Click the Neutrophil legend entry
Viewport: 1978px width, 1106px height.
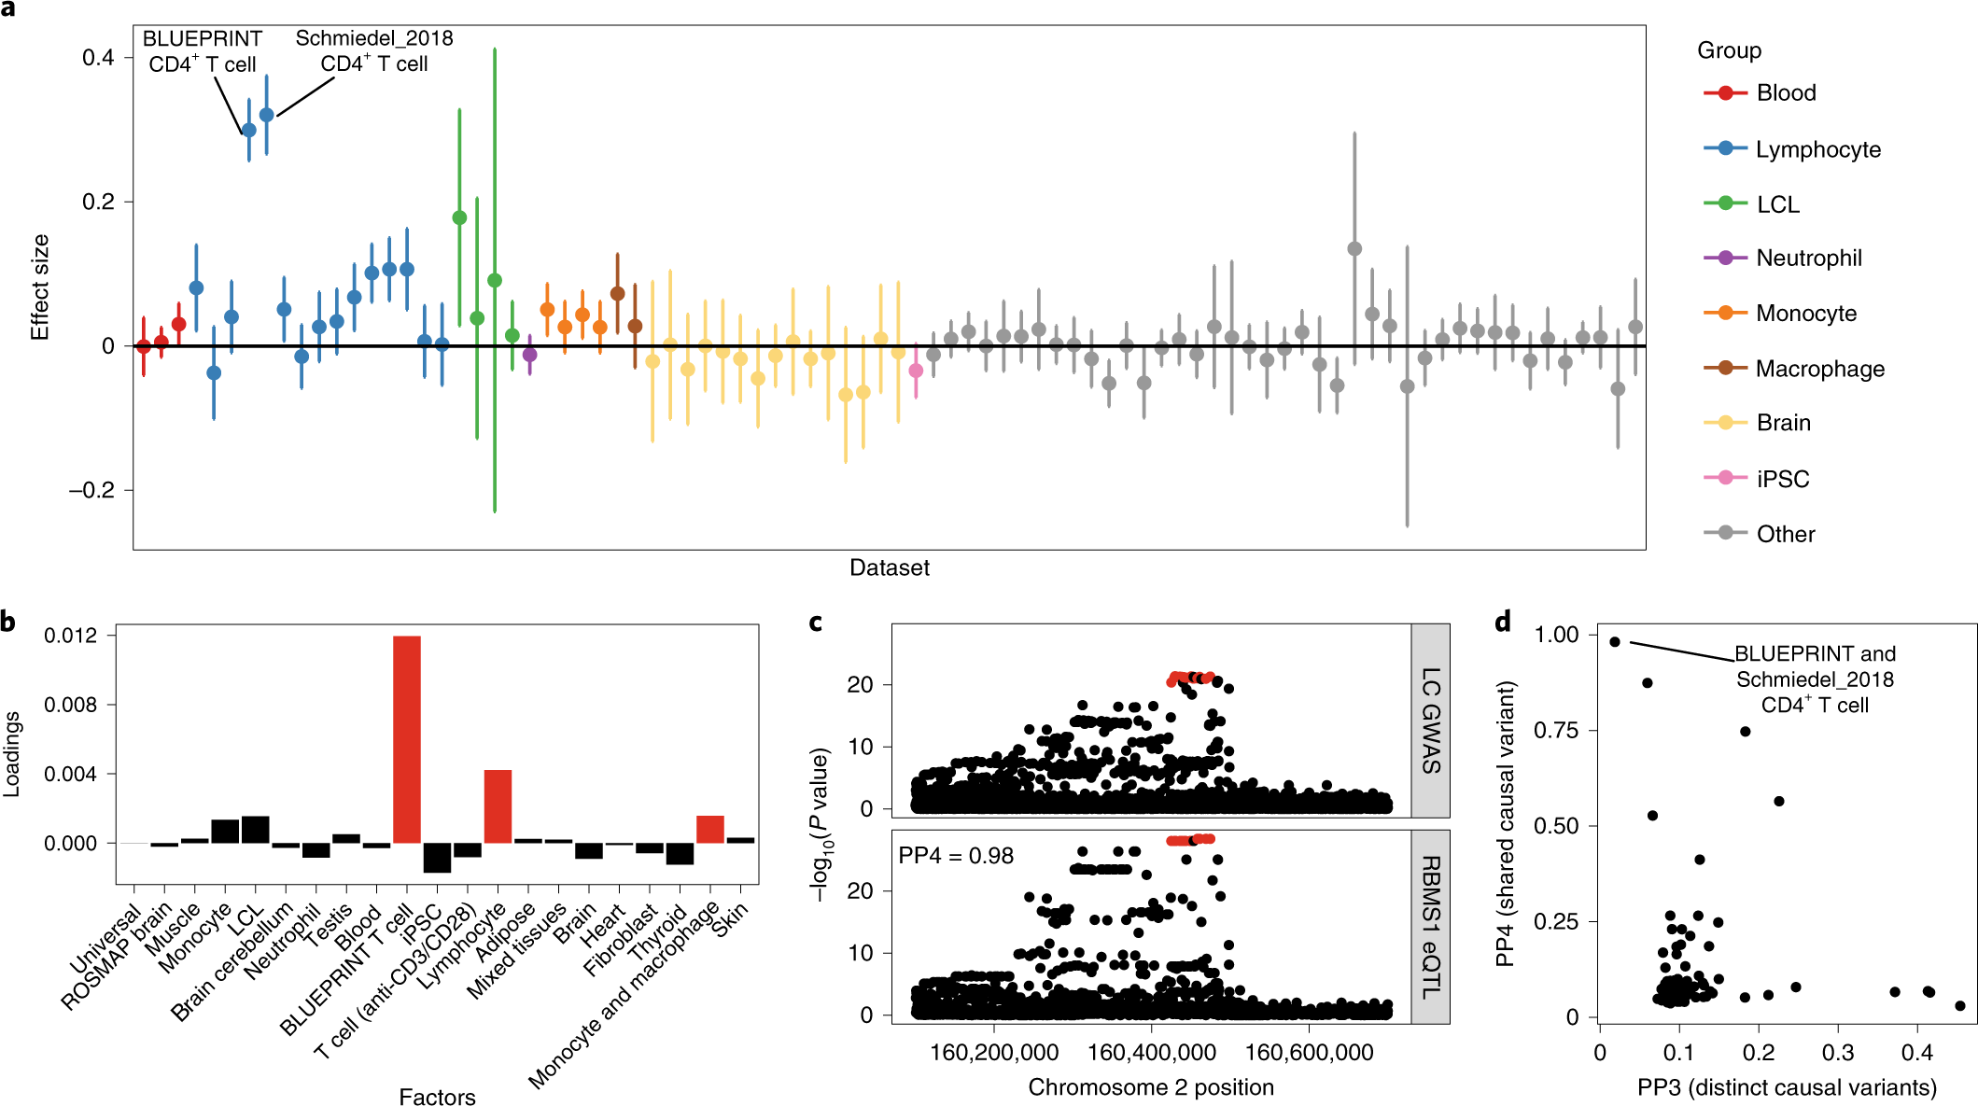(x=1808, y=259)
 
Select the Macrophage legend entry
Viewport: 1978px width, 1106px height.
(x=1819, y=369)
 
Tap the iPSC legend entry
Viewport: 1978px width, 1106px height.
(x=1782, y=479)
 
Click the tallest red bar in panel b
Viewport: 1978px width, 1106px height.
(x=407, y=739)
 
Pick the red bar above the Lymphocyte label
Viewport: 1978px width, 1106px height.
(x=498, y=806)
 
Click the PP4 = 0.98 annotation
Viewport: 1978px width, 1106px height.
(x=955, y=856)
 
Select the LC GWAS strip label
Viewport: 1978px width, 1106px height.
(x=1431, y=721)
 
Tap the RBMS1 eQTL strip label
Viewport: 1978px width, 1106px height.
(x=1431, y=927)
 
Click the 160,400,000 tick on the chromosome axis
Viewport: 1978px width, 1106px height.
(x=1151, y=1053)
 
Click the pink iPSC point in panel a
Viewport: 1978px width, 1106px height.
(x=916, y=371)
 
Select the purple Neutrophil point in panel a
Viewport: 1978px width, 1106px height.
(x=530, y=355)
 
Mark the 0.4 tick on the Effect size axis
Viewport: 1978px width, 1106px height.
(x=98, y=58)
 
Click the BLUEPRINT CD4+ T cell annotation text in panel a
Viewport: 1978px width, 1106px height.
(x=203, y=51)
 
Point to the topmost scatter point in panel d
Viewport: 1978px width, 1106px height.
(x=1615, y=642)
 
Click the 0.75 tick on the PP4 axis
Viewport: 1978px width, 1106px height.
(x=1556, y=730)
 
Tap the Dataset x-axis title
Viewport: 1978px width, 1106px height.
(x=889, y=567)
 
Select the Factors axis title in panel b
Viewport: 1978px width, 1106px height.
(x=437, y=1097)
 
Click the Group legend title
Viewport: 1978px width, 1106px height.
(x=1729, y=50)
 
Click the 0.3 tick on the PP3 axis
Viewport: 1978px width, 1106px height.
(x=1838, y=1053)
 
